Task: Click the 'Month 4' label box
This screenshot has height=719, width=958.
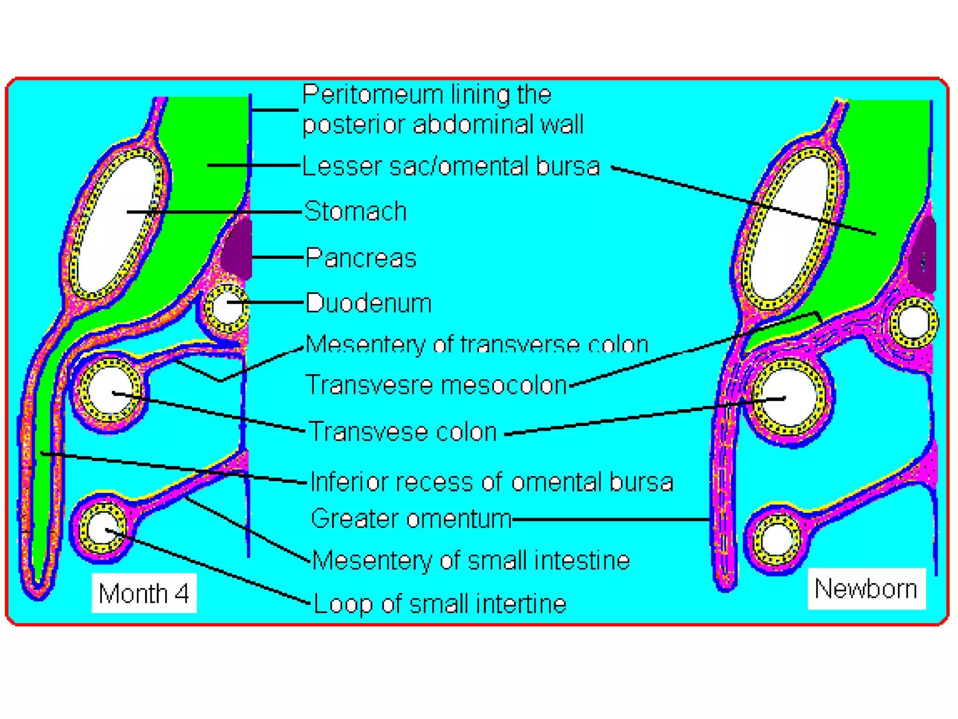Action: [x=144, y=593]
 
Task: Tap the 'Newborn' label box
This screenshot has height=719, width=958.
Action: [x=866, y=588]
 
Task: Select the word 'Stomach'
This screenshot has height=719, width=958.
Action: [x=356, y=211]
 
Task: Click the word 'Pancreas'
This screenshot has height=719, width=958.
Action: [x=361, y=258]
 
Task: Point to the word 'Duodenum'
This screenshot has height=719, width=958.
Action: [x=369, y=303]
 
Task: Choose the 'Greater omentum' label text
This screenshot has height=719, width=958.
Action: [x=411, y=519]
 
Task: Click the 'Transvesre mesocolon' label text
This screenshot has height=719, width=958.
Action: [x=436, y=385]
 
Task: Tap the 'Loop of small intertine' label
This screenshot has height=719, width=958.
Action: [x=440, y=604]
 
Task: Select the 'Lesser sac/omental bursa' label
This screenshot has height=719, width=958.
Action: [x=451, y=166]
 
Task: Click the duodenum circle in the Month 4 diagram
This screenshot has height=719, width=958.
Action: [x=226, y=308]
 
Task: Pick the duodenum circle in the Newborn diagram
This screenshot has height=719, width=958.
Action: [x=913, y=323]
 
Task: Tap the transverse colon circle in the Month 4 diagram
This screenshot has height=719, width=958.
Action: [x=109, y=391]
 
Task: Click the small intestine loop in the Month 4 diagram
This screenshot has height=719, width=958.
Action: [x=102, y=528]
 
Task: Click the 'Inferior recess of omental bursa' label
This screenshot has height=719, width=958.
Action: [x=492, y=482]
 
